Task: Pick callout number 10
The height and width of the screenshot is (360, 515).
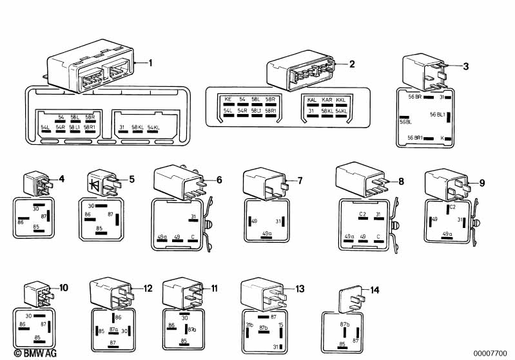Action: click(x=63, y=287)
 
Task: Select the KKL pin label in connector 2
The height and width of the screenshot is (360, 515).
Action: click(x=341, y=100)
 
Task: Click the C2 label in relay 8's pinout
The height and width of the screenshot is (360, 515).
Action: click(x=362, y=214)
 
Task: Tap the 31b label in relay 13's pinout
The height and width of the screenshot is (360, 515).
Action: click(x=249, y=323)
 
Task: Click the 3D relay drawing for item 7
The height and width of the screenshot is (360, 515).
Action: click(x=262, y=182)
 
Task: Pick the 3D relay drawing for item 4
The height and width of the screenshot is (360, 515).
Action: click(x=37, y=182)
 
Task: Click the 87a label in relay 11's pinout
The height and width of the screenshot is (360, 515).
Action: click(x=192, y=328)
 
